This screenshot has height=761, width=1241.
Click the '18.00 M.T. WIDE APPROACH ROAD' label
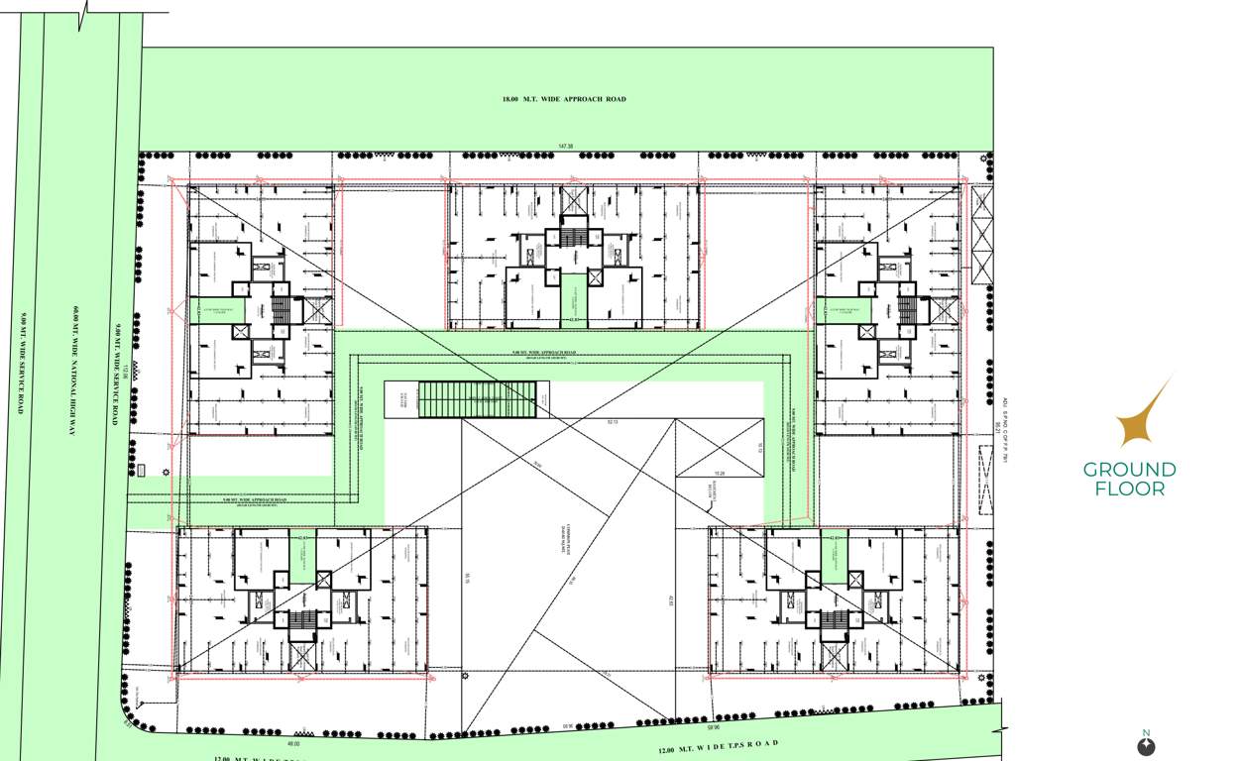(564, 99)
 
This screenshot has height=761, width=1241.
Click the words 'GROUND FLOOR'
(1129, 478)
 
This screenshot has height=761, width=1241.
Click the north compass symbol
(1146, 745)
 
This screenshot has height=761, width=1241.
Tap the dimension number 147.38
(566, 147)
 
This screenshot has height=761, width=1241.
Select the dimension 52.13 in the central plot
(612, 422)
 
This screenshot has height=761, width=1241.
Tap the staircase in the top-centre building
(574, 238)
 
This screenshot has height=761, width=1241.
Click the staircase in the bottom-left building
(302, 619)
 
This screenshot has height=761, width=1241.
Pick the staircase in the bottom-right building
(835, 619)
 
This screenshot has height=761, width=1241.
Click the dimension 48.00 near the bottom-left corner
(292, 743)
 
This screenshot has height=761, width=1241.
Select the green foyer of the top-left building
(208, 310)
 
